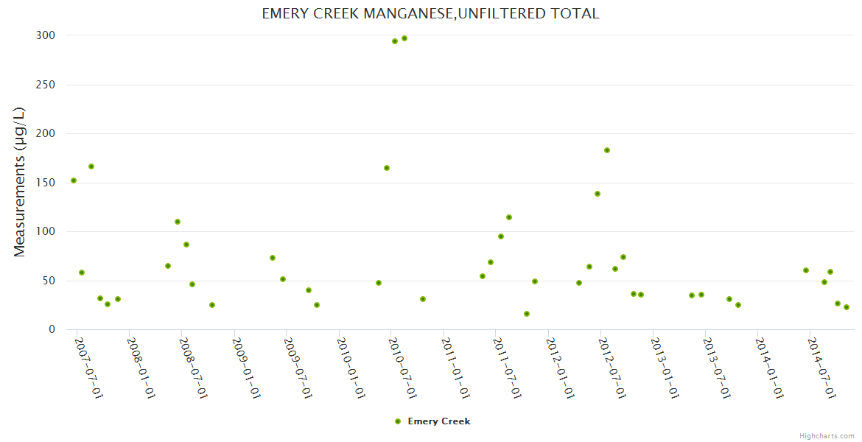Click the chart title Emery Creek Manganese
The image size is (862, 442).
[x=430, y=14]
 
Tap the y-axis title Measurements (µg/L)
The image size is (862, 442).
[x=20, y=182]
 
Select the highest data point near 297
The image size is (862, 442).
[x=404, y=38]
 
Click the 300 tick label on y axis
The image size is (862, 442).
[x=46, y=35]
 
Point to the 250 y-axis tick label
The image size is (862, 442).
[x=46, y=85]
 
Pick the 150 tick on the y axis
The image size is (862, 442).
[x=46, y=183]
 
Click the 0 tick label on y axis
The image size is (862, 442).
[x=52, y=329]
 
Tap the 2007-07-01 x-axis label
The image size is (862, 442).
[x=88, y=368]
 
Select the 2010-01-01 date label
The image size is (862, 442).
[x=351, y=368]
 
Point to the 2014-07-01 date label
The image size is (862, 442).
[x=822, y=368]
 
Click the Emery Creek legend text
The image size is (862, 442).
[x=439, y=421]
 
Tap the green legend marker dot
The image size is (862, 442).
[x=398, y=421]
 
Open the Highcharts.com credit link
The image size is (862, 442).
[x=827, y=435]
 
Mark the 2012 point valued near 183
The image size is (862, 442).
[x=607, y=150]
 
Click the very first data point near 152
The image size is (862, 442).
[x=74, y=180]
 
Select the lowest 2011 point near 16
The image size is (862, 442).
[x=527, y=314]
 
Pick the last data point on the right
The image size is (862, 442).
[x=847, y=307]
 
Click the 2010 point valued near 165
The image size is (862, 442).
[x=387, y=168]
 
